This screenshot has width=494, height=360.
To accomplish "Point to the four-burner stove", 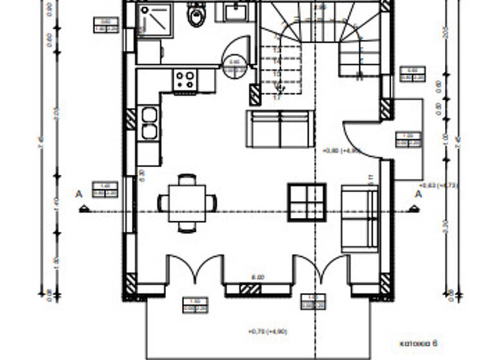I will coord(185,80).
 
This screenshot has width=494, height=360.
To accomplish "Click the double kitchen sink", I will coord(149,123).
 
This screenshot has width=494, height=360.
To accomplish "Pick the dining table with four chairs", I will coord(187,203).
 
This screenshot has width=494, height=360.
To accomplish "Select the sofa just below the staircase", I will coord(280,129).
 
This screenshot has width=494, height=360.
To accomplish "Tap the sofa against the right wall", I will coord(359,218).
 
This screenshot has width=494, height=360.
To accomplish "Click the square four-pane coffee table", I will coord(307,203).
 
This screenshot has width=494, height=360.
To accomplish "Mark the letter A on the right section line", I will coord(417,194).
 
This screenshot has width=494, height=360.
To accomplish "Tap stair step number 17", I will coord(278,98).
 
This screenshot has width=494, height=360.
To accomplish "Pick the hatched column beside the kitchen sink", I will coord(131,119).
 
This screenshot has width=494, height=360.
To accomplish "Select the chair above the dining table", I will coord(187,179).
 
